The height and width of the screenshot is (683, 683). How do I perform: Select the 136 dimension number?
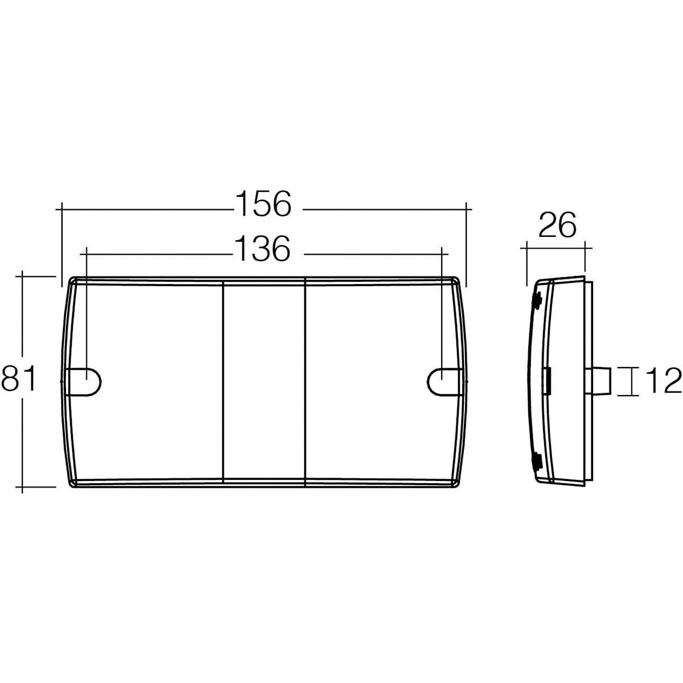tap(262, 249)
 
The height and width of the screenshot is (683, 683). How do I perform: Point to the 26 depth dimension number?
tap(557, 226)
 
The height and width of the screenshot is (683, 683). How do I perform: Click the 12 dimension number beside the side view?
tap(663, 381)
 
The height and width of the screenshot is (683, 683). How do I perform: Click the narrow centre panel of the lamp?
tap(264, 381)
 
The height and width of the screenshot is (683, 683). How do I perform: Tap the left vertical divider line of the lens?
tap(222, 381)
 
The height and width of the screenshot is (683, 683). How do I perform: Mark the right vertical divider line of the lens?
tap(306, 381)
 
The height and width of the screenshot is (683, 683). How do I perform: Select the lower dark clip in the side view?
tap(536, 461)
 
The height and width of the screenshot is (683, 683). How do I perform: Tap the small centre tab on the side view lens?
tap(548, 381)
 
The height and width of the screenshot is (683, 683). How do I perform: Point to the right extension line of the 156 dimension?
tap(466, 245)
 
